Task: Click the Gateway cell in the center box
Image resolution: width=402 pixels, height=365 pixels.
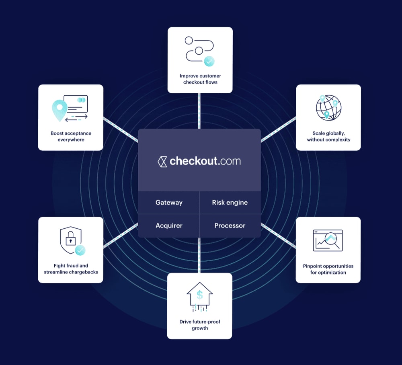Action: pos(169,203)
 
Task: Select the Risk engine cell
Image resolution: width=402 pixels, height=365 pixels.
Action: pos(230,203)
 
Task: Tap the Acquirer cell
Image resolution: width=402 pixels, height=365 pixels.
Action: pos(169,226)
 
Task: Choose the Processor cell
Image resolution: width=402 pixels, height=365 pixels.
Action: pos(230,226)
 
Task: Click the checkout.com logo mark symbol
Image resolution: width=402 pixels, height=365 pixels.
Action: pos(162,162)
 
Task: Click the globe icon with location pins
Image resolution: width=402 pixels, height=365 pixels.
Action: pos(328,107)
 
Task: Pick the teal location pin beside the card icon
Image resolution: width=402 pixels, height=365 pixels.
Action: pos(59,109)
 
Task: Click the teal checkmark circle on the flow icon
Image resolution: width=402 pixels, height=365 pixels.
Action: pos(209,61)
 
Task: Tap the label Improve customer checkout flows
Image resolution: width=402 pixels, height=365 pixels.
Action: pos(200,79)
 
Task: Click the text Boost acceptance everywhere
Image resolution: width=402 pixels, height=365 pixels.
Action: pos(71,136)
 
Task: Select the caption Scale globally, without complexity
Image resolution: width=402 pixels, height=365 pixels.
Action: pos(328,136)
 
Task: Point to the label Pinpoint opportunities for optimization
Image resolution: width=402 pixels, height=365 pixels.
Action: pos(328,269)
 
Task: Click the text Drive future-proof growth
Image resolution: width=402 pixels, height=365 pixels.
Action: pos(200,325)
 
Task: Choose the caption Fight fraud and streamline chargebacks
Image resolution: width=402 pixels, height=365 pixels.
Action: pos(71,269)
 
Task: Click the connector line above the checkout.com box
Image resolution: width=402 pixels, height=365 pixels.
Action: pos(199,111)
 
